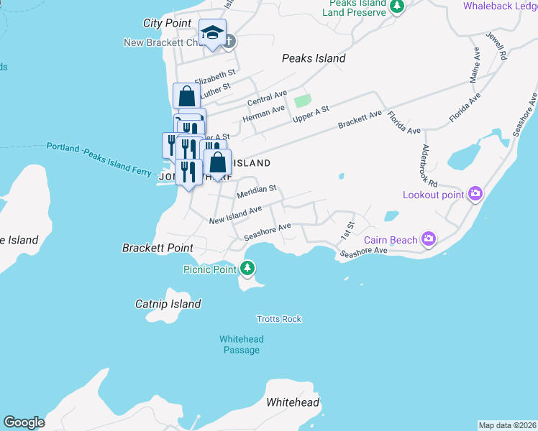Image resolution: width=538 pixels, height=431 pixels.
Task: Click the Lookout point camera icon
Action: point(475,194)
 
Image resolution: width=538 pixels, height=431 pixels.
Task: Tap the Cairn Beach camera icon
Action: point(429,238)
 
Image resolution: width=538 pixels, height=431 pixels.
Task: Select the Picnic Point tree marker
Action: point(248,269)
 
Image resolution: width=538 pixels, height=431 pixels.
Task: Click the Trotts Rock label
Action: point(279,319)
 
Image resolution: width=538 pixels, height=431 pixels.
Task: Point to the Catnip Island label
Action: point(168,304)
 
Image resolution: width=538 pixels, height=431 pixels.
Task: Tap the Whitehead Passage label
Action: point(241,345)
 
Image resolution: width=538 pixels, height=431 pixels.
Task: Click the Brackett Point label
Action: point(158,248)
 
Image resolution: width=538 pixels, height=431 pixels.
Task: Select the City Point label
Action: point(167,23)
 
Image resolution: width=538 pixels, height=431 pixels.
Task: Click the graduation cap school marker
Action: point(212,33)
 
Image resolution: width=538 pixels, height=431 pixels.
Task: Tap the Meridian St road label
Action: point(257,190)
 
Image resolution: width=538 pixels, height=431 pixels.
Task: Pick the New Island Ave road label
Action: point(235,215)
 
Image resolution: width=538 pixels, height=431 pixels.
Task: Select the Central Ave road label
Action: point(267,98)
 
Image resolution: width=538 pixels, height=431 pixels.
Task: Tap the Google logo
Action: point(24,422)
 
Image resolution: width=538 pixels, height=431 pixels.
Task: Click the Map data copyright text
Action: point(507,425)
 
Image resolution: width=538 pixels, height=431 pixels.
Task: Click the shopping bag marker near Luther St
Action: point(186,96)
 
